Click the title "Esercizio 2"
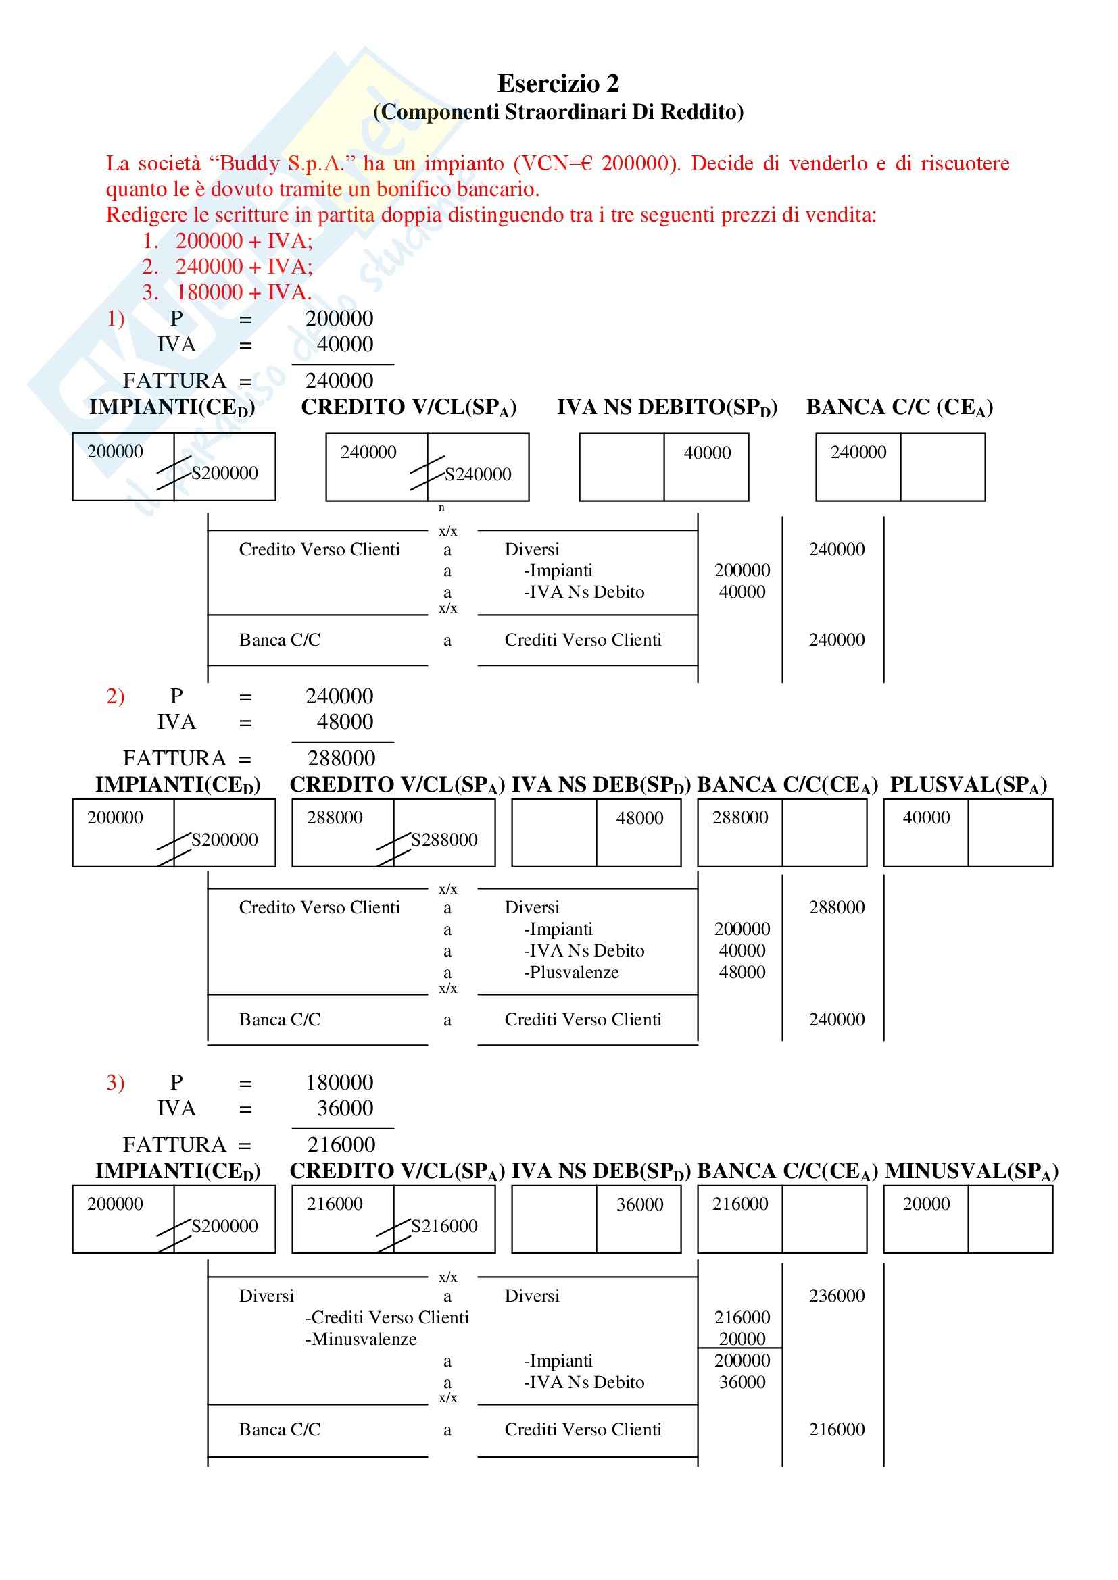[558, 84]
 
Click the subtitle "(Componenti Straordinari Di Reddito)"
[558, 111]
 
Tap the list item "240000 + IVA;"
[244, 266]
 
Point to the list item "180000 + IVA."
[244, 292]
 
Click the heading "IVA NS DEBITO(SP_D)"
[666, 407]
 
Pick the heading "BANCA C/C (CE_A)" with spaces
[899, 407]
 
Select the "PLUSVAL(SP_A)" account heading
[968, 784]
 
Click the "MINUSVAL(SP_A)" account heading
[971, 1171]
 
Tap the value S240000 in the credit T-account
[478, 474]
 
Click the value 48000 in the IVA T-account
[639, 818]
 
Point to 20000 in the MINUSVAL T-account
[926, 1204]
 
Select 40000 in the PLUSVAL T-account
[926, 817]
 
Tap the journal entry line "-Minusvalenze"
[361, 1339]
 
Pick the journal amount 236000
[836, 1296]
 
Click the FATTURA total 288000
[341, 759]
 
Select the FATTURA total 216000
[341, 1144]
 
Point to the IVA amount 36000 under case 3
[345, 1108]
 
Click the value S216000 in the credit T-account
[444, 1225]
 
